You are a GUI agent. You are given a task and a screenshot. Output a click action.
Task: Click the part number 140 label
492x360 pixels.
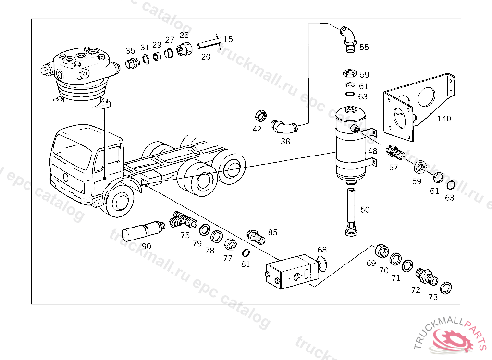[x=444, y=119]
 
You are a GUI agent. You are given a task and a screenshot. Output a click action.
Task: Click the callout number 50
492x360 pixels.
[x=365, y=210]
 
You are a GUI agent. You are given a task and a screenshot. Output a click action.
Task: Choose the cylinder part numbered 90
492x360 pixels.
[x=142, y=230]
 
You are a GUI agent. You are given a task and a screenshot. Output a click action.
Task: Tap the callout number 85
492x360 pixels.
[x=273, y=232]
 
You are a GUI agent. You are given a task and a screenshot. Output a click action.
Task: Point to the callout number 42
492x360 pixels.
[x=257, y=129]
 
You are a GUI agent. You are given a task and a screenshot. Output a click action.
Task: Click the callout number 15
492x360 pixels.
[x=228, y=39]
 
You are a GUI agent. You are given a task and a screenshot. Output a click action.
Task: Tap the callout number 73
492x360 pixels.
[x=433, y=297]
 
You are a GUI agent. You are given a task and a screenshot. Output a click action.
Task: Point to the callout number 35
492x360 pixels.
[x=130, y=51]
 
